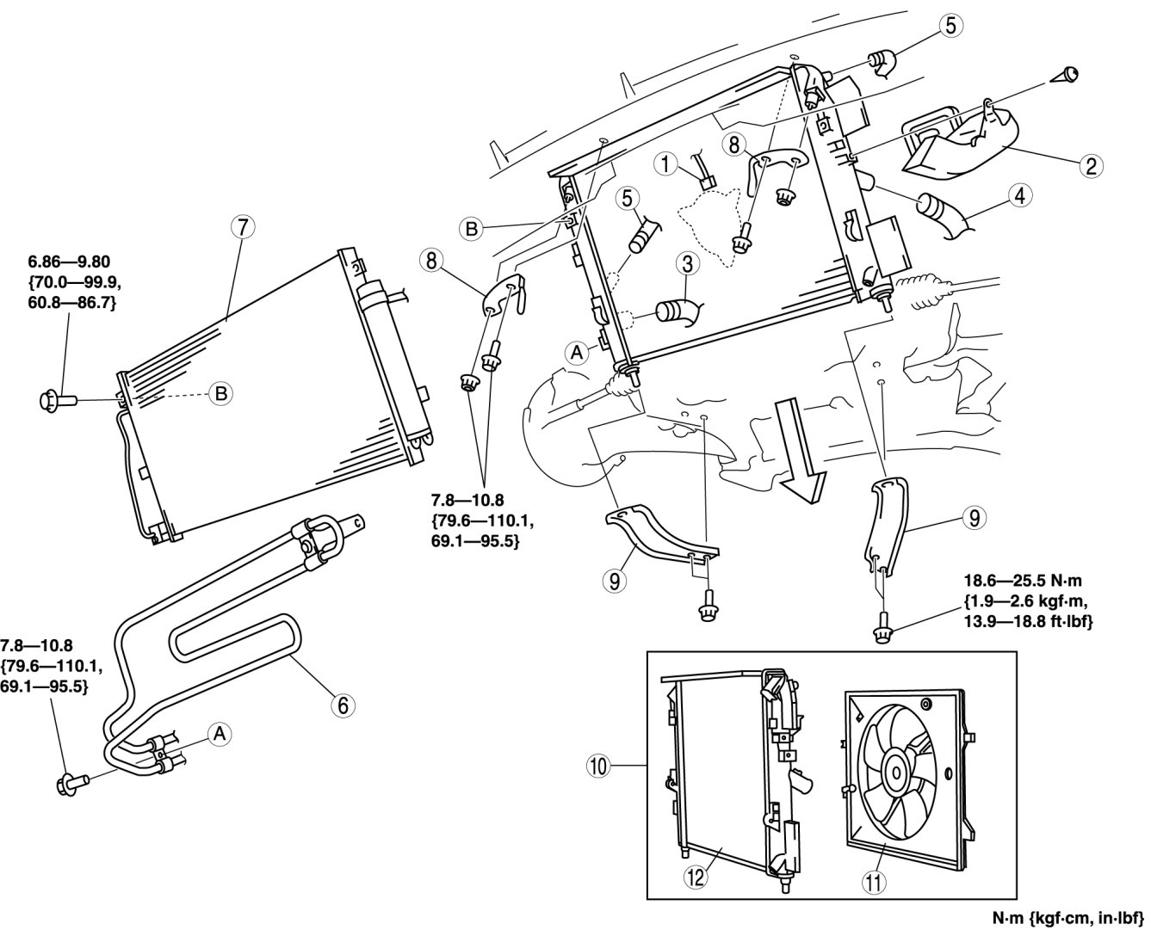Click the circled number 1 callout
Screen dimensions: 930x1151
tap(665, 161)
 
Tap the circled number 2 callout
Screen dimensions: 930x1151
tap(1090, 166)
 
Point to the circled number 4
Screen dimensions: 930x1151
tap(1019, 194)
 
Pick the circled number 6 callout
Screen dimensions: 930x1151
tap(342, 705)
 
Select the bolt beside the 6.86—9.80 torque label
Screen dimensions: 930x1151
tap(58, 399)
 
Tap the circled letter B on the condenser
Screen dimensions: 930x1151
tap(220, 394)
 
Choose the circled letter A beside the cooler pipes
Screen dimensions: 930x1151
tap(220, 733)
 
